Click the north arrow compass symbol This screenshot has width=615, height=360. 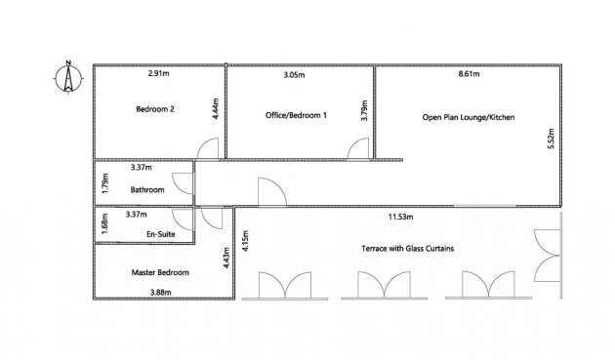pyautogui.click(x=68, y=78)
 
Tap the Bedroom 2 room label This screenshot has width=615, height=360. pyautogui.click(x=155, y=109)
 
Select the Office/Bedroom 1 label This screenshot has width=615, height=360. pyautogui.click(x=296, y=115)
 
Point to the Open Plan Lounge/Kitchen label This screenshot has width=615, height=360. pyautogui.click(x=469, y=117)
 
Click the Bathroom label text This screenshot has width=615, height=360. pyautogui.click(x=147, y=190)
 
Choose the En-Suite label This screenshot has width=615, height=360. pyautogui.click(x=161, y=234)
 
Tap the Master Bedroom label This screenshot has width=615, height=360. pyautogui.click(x=160, y=272)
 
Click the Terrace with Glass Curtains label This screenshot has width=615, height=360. pyautogui.click(x=407, y=248)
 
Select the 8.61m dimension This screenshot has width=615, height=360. pyautogui.click(x=469, y=74)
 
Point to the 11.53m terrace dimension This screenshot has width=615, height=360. pyautogui.click(x=400, y=217)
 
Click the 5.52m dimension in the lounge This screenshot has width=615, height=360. pyautogui.click(x=552, y=139)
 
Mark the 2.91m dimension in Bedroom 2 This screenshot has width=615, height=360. pyautogui.click(x=159, y=73)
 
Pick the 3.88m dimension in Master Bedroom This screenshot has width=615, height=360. pyautogui.click(x=161, y=292)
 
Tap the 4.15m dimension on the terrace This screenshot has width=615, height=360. pyautogui.click(x=245, y=240)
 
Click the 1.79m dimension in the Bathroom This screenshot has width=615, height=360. pyautogui.click(x=104, y=182)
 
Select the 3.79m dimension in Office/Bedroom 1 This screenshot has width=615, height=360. pyautogui.click(x=364, y=110)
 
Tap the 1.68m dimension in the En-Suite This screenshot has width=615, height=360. pyautogui.click(x=104, y=223)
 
